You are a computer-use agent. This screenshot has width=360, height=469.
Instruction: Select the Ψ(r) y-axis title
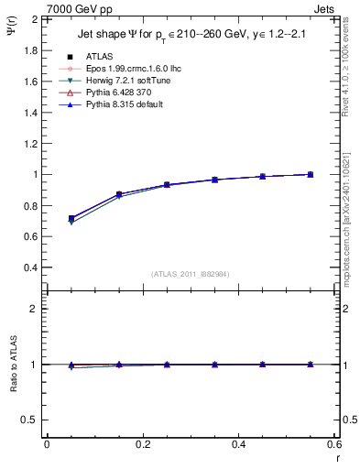[x=10, y=32]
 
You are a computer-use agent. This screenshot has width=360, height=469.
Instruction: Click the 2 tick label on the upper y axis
[x=34, y=19]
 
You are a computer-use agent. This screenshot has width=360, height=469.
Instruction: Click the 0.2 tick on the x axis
[x=142, y=444]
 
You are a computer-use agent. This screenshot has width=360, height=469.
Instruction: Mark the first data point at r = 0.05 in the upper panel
[x=71, y=219]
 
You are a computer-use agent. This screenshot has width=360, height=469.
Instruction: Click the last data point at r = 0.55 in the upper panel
[x=310, y=174]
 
